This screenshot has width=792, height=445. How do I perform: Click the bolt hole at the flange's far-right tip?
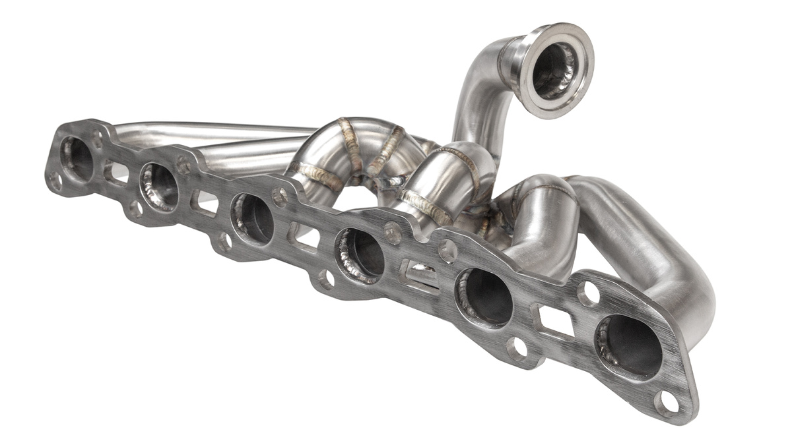tap(667, 401)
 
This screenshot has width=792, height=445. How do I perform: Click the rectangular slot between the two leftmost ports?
tap(117, 173)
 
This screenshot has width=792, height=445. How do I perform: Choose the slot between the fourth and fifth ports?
tap(420, 274)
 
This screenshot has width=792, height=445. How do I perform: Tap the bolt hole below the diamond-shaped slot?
tap(518, 347)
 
